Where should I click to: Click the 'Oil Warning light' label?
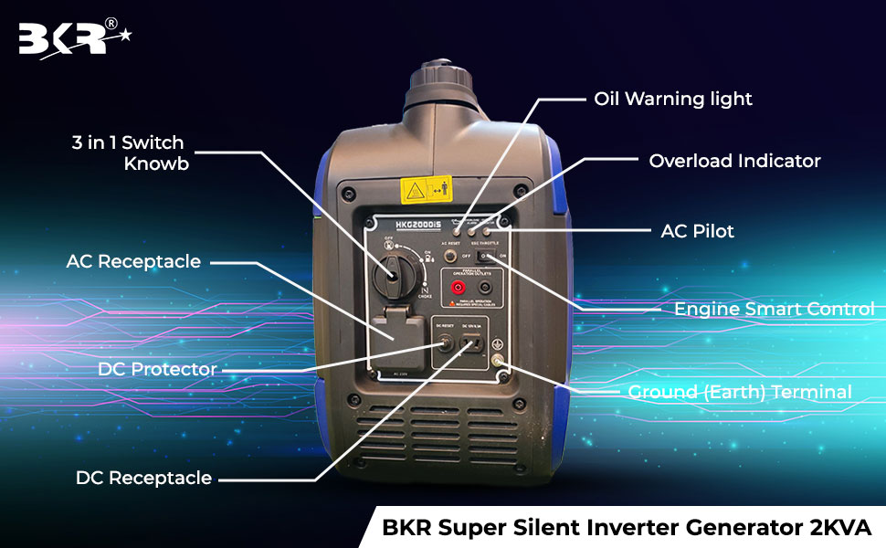[673, 99]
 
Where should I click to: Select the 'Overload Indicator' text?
[734, 161]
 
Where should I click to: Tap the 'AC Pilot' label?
[697, 231]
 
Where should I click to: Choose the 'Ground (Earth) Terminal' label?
[740, 392]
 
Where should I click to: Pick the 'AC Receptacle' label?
[133, 261]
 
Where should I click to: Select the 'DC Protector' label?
[157, 369]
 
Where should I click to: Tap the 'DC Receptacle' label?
[143, 478]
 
